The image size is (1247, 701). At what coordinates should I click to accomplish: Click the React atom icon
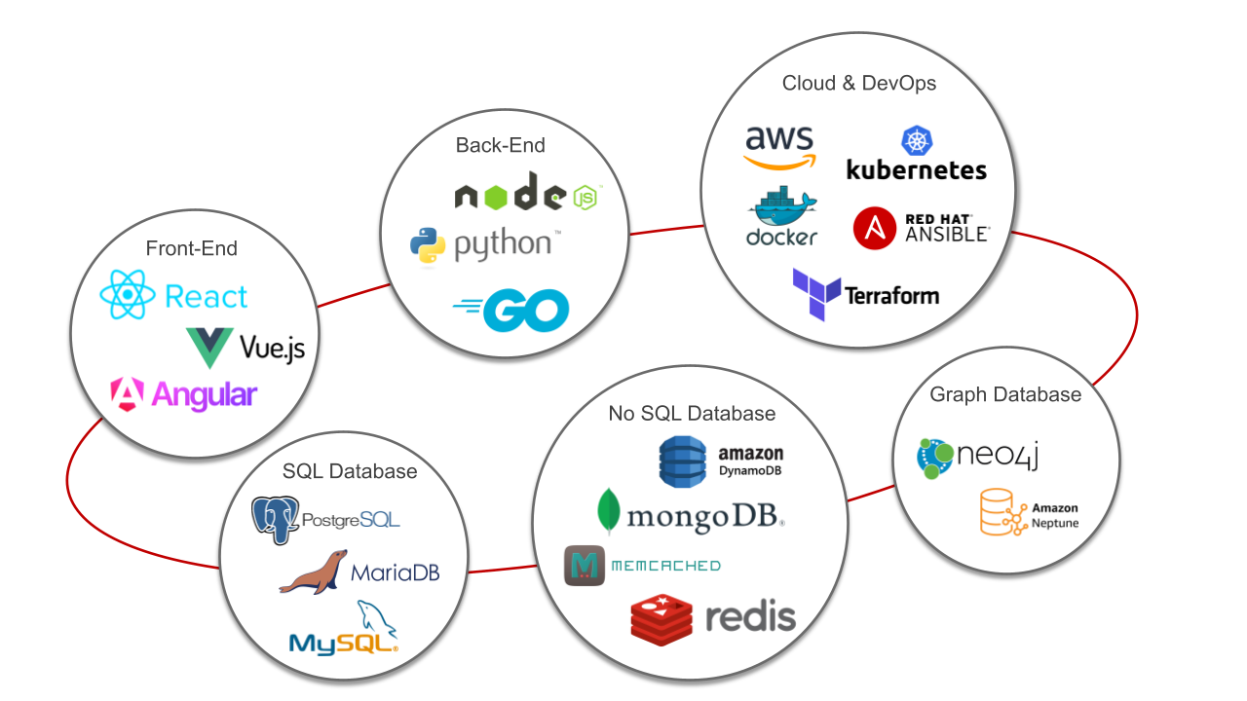pyautogui.click(x=127, y=295)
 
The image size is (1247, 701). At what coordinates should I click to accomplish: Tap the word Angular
pyautogui.click(x=203, y=394)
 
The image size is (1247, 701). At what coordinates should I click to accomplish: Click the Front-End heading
pyautogui.click(x=191, y=248)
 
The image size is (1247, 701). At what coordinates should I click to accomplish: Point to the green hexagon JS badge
pyautogui.click(x=586, y=198)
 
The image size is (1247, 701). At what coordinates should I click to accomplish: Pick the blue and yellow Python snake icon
pyautogui.click(x=428, y=244)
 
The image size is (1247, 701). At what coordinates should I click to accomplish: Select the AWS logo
pyautogui.click(x=780, y=147)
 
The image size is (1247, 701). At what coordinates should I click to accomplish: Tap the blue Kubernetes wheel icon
pyautogui.click(x=917, y=140)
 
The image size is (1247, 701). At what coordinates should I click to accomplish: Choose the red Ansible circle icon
pyautogui.click(x=874, y=228)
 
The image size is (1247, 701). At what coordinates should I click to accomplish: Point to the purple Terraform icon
pyautogui.click(x=815, y=295)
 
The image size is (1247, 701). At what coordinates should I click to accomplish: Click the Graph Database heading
pyautogui.click(x=1005, y=394)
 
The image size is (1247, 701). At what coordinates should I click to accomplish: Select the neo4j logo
pyautogui.click(x=977, y=457)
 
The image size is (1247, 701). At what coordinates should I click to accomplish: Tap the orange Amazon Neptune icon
pyautogui.click(x=1002, y=513)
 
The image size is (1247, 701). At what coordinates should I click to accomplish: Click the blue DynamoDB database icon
pyautogui.click(x=682, y=461)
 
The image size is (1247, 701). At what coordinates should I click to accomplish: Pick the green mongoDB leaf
pyautogui.click(x=610, y=512)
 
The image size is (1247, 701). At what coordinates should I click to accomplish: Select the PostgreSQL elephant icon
pyautogui.click(x=275, y=519)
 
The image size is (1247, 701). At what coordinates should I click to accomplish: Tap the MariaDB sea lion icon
pyautogui.click(x=313, y=572)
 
